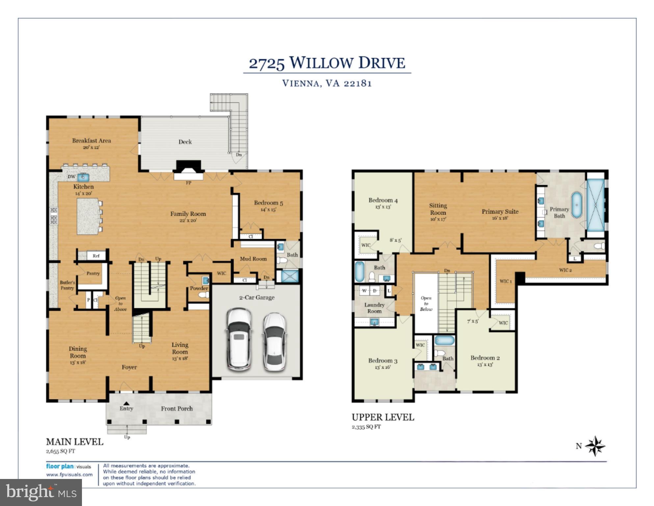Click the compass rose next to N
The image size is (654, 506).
click(595, 446)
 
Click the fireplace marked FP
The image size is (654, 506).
click(189, 170)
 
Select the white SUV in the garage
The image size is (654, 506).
click(239, 340)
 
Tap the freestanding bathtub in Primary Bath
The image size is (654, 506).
click(576, 205)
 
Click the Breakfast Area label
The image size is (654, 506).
click(92, 141)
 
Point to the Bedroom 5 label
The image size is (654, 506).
click(268, 203)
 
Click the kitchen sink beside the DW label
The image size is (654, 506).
click(83, 177)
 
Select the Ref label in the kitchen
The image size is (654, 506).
click(96, 256)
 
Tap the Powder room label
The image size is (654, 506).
click(199, 288)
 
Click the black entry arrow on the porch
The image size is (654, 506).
click(126, 403)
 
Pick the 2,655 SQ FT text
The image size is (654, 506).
click(61, 451)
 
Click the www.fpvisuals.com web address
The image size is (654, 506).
click(69, 475)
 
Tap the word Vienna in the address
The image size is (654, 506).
click(300, 83)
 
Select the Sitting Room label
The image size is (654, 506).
click(438, 209)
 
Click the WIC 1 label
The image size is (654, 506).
click(506, 281)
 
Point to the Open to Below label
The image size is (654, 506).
click(426, 303)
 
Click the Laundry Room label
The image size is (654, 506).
click(374, 308)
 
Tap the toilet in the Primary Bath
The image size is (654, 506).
click(600, 246)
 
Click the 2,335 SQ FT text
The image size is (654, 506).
click(366, 427)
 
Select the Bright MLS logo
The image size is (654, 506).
click(41, 492)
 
